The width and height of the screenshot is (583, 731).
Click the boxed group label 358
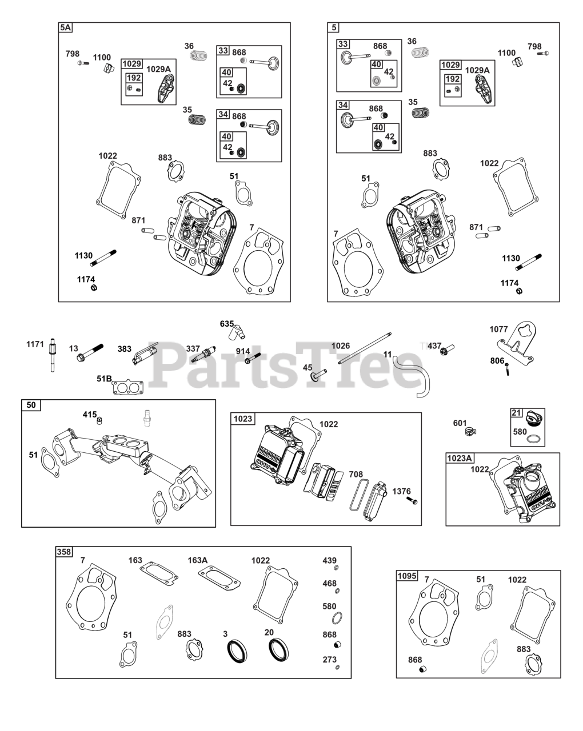(64, 552)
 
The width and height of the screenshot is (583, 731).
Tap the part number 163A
(198, 560)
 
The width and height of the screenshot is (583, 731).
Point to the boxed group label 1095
(408, 575)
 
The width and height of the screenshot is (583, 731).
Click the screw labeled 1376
(412, 501)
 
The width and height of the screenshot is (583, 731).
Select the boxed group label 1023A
(460, 458)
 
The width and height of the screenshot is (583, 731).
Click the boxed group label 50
(31, 405)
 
